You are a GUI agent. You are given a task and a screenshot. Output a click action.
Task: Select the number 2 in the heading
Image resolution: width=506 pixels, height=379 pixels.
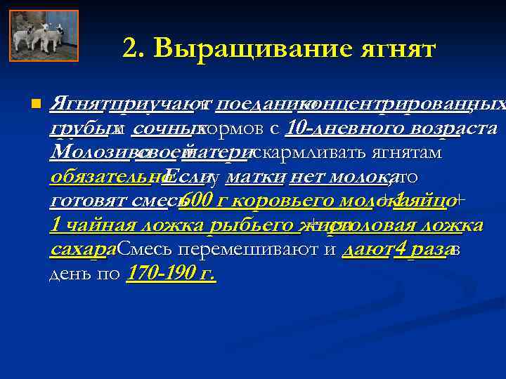pyautogui.click(x=130, y=50)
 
